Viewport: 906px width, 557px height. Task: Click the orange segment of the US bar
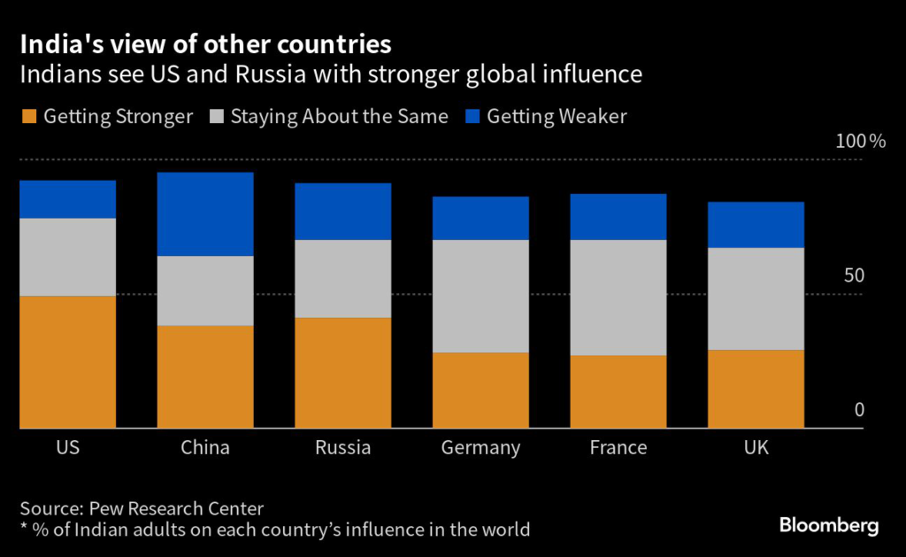(68, 361)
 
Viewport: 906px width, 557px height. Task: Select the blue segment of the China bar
(205, 213)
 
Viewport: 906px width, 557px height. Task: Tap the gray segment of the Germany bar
(480, 296)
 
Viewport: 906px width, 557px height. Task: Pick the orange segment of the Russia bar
(342, 372)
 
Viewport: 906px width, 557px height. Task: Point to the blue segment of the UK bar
(756, 224)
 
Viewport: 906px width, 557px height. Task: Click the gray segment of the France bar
(618, 297)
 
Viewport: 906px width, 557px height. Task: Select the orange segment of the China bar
(205, 376)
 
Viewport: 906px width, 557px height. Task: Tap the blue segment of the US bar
(68, 198)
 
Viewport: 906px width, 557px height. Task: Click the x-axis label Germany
(480, 447)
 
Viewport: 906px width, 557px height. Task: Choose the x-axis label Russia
(342, 447)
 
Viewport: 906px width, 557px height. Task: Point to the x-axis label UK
(756, 447)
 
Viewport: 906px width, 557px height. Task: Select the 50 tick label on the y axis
(853, 275)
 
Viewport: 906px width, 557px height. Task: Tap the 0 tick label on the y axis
(858, 409)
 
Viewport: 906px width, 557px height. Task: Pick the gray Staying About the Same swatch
(215, 116)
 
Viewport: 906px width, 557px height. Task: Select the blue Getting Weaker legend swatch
(472, 116)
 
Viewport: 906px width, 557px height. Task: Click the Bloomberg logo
(828, 525)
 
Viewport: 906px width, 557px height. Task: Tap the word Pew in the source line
(104, 508)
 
